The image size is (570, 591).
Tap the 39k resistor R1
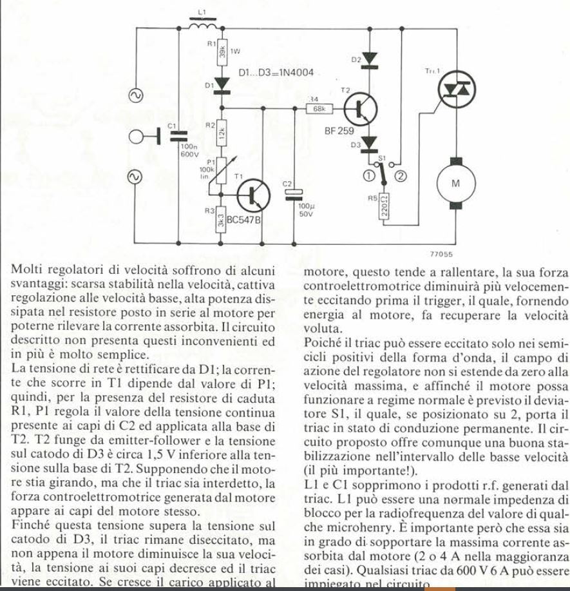point(222,50)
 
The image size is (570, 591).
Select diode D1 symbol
point(222,84)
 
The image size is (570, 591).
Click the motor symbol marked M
point(455,182)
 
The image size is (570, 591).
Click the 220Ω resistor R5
point(385,207)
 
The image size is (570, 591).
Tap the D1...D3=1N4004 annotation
point(276,74)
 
